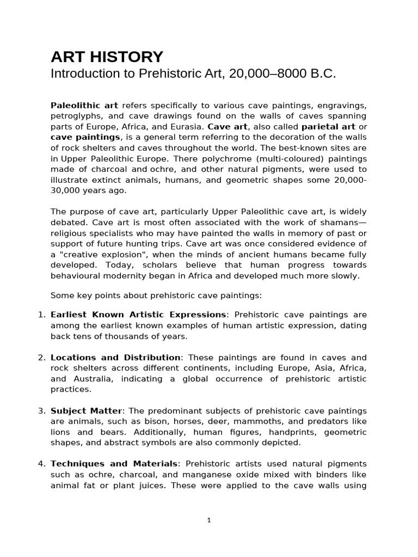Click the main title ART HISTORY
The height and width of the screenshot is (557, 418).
[107, 57]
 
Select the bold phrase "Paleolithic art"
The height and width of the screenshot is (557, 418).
[84, 105]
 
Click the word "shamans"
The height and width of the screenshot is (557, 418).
[342, 222]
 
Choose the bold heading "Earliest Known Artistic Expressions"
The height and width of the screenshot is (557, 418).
[138, 315]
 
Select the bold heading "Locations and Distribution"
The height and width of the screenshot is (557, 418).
[115, 357]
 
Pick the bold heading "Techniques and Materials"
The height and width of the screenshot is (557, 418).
[114, 463]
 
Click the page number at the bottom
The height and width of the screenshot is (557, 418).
[209, 520]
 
